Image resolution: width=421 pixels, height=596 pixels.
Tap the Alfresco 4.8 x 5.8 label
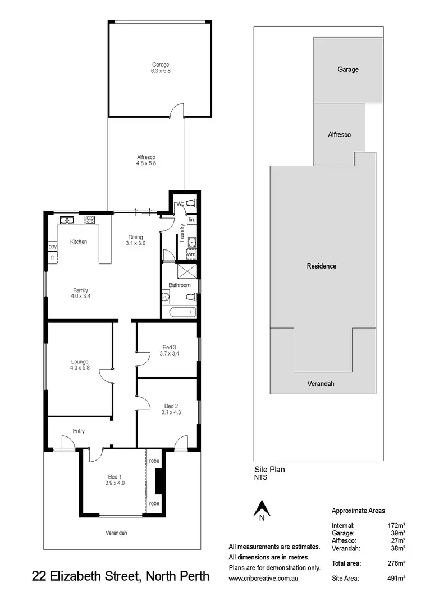point(145,157)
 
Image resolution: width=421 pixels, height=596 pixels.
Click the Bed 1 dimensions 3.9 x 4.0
point(114,483)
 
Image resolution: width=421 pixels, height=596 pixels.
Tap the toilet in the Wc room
point(190,204)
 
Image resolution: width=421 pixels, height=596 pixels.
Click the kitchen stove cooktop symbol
point(89,220)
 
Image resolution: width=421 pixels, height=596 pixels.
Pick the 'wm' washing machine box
point(191,255)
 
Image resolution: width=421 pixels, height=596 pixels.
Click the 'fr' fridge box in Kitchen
point(52,258)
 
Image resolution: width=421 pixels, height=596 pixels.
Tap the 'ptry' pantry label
point(52,247)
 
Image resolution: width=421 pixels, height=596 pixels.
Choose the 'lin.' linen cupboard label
point(191,220)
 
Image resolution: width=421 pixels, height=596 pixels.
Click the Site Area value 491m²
point(396,577)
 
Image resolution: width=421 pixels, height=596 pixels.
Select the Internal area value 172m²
point(396,525)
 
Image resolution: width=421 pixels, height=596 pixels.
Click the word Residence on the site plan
point(322,266)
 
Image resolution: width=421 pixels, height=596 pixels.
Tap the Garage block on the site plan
point(348,70)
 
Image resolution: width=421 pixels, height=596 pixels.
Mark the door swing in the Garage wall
point(177,111)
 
